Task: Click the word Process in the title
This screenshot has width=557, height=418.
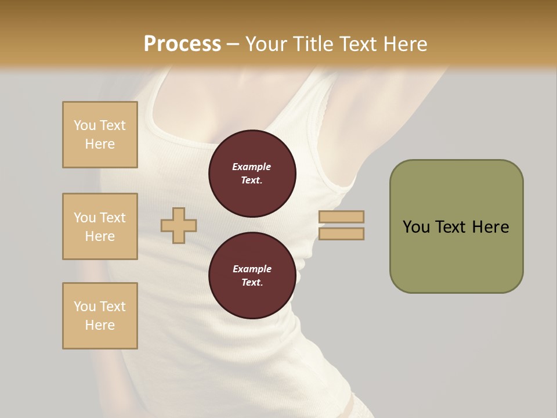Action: point(182,44)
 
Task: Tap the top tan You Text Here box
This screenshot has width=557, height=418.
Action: point(100,135)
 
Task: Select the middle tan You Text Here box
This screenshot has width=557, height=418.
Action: point(100,226)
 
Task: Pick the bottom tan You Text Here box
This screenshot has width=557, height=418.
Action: point(100,316)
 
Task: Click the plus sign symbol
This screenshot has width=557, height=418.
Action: point(179,225)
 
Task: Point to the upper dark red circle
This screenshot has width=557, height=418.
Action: point(252,174)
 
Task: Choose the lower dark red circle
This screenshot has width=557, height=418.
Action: point(252,276)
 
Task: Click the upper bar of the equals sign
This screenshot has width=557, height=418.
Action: point(341,217)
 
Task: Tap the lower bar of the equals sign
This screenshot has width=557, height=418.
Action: point(341,233)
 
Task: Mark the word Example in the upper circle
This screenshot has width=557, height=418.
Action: point(252,167)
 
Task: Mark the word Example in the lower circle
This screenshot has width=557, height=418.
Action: point(252,269)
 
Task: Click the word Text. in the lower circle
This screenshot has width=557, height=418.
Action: point(252,283)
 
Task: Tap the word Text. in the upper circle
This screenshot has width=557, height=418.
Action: point(252,181)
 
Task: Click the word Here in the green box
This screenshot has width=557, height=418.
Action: point(490,227)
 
